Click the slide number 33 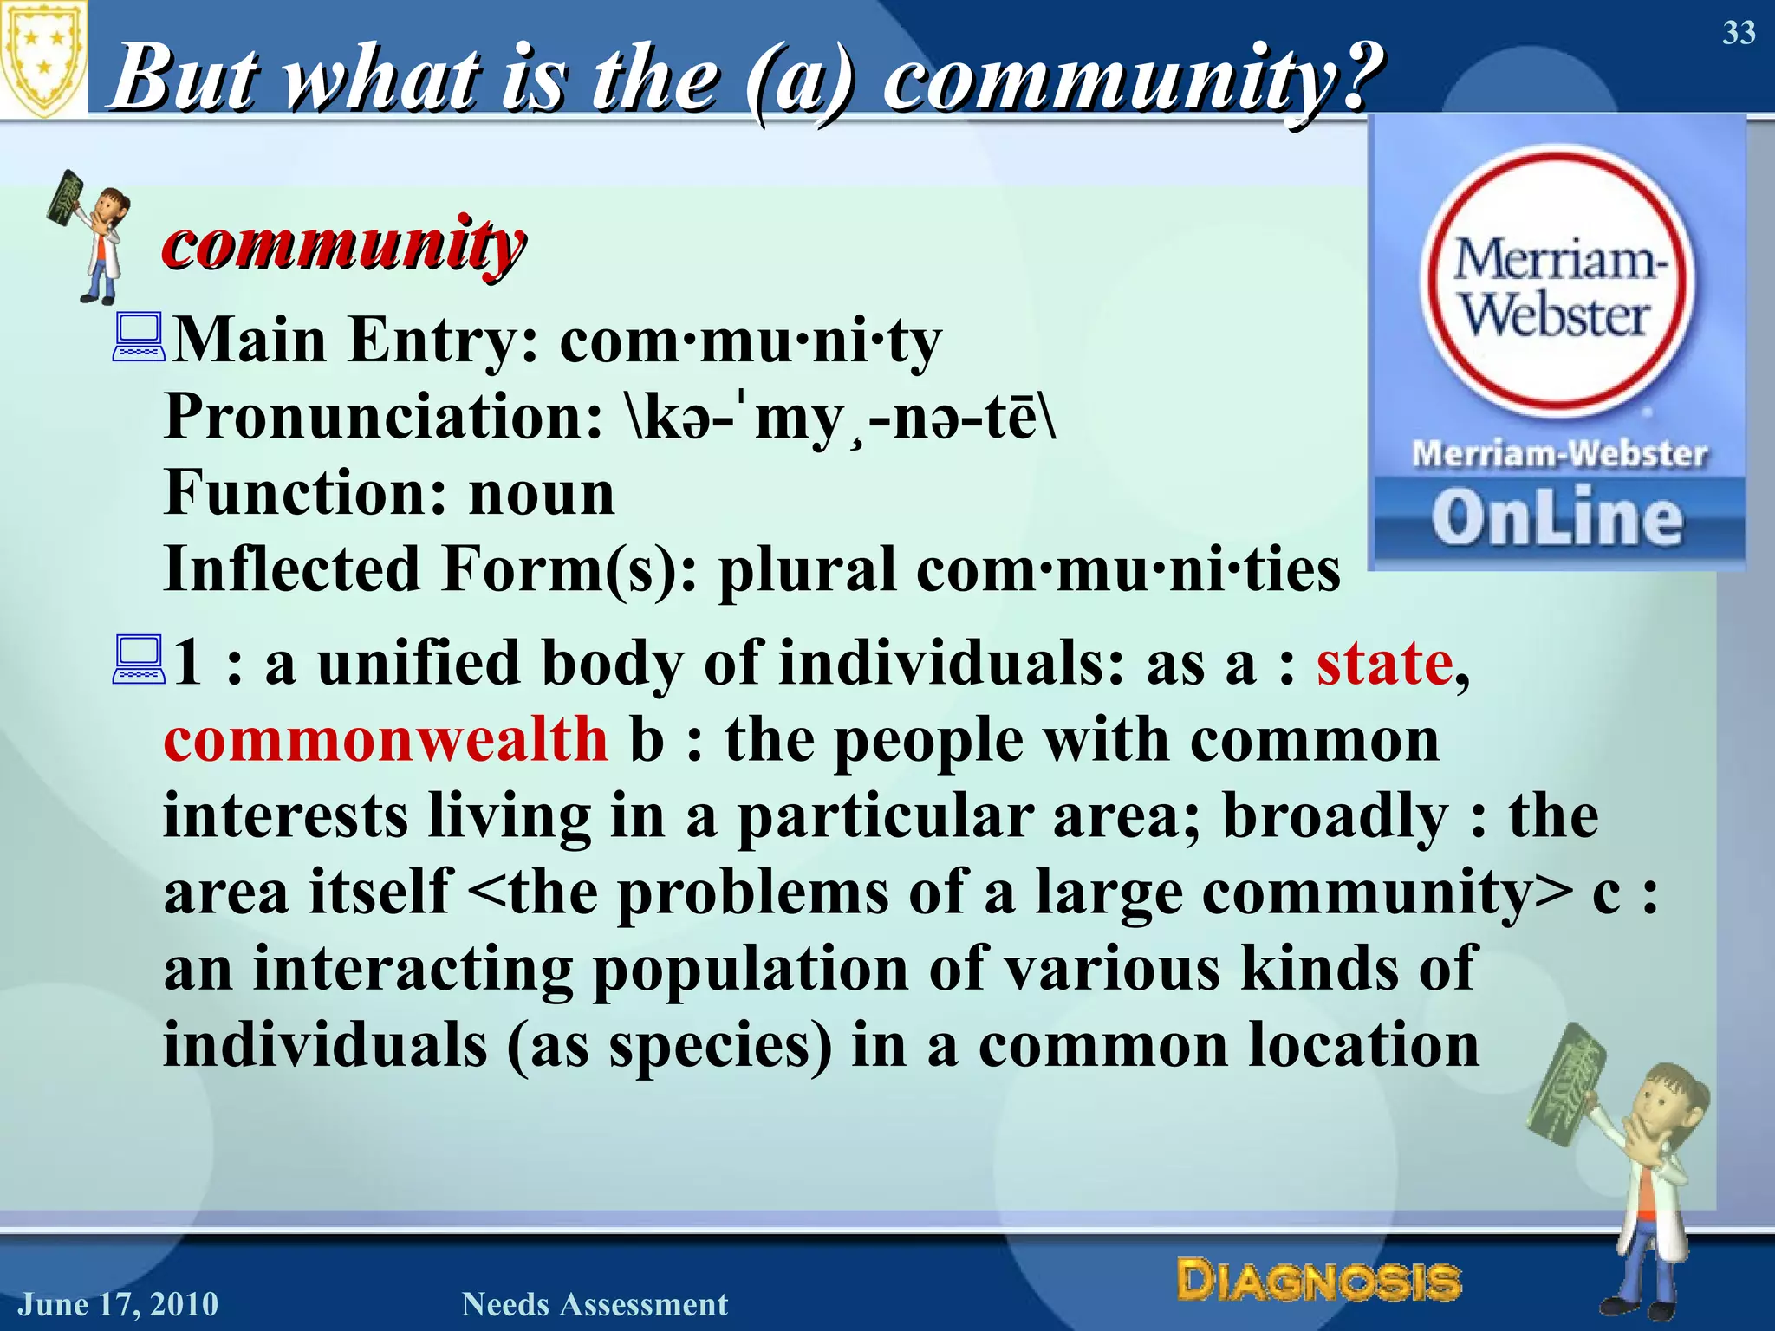coord(1738,33)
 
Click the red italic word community coord(343,244)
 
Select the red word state coord(1384,664)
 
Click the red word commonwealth coord(386,740)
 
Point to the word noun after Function coord(542,493)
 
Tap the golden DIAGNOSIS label coord(1318,1281)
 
